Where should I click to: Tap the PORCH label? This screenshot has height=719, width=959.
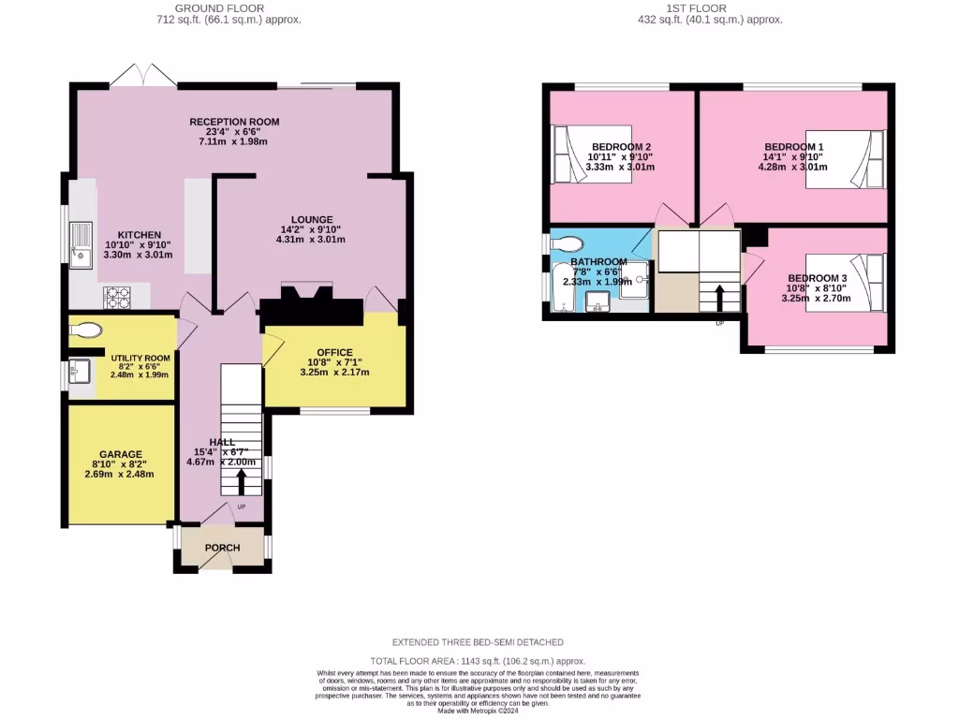pyautogui.click(x=222, y=548)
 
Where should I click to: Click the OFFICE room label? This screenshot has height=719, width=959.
pyautogui.click(x=334, y=352)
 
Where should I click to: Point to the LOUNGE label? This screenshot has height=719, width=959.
pyautogui.click(x=312, y=219)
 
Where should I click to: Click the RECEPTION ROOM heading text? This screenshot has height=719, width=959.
pyautogui.click(x=234, y=122)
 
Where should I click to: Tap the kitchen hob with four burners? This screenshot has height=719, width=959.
pyautogui.click(x=116, y=298)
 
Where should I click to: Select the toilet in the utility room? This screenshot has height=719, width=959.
pyautogui.click(x=86, y=330)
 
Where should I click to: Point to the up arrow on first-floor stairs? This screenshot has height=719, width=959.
pyautogui.click(x=719, y=298)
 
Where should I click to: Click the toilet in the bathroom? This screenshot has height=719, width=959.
pyautogui.click(x=564, y=243)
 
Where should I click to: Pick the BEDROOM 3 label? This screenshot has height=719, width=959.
pyautogui.click(x=817, y=278)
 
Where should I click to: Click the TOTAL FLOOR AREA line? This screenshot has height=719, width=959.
pyautogui.click(x=478, y=660)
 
